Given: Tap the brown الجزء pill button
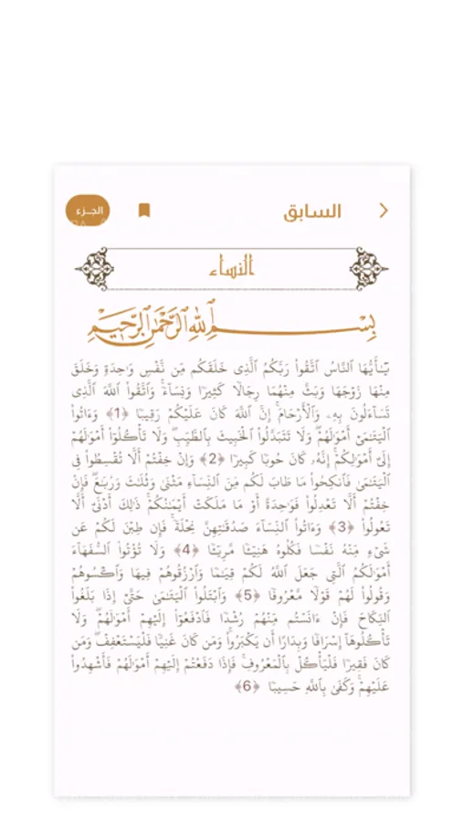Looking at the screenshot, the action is (x=88, y=211).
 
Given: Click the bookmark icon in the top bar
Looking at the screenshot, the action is (x=143, y=211).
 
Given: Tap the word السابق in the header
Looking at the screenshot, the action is (x=312, y=212).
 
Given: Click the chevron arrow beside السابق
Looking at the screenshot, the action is (x=384, y=211).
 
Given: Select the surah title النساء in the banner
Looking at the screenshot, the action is (x=231, y=268).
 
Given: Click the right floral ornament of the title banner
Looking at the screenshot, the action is (x=369, y=269).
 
